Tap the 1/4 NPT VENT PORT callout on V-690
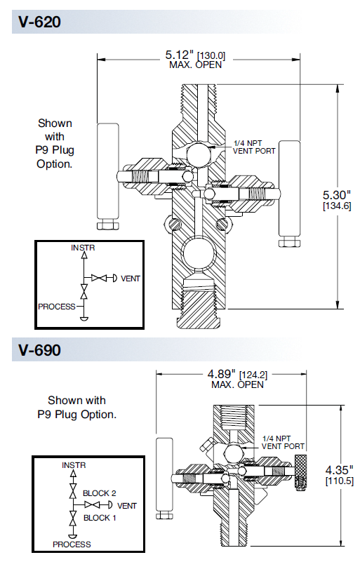(x=283, y=442)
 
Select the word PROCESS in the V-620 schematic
(x=57, y=307)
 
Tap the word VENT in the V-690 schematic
(x=127, y=505)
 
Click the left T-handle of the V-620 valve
(x=107, y=175)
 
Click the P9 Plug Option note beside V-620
(x=55, y=143)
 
